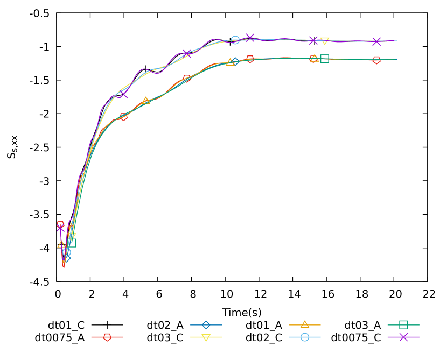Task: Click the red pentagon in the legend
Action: coord(107,337)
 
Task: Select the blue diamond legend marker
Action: coord(206,325)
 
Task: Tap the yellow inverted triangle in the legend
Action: coord(206,338)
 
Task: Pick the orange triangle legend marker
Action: coord(305,324)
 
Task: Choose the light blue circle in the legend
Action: coord(305,337)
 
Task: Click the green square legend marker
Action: coord(403,325)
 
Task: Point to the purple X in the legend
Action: coord(403,337)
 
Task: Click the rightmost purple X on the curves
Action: coord(376,41)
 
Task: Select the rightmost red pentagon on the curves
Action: coord(376,60)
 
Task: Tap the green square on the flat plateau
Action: coord(324,59)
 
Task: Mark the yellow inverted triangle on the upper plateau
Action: coord(325,41)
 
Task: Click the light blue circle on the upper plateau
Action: coord(235,40)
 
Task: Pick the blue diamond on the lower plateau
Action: coord(235,61)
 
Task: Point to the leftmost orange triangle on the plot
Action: coord(61,244)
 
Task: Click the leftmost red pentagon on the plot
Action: coord(60,224)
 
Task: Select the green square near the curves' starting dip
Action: coord(72,243)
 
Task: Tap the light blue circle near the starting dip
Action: coord(66,252)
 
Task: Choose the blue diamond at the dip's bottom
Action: coord(66,258)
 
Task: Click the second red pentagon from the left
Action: coord(123,117)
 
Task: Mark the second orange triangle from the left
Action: coord(146,101)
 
